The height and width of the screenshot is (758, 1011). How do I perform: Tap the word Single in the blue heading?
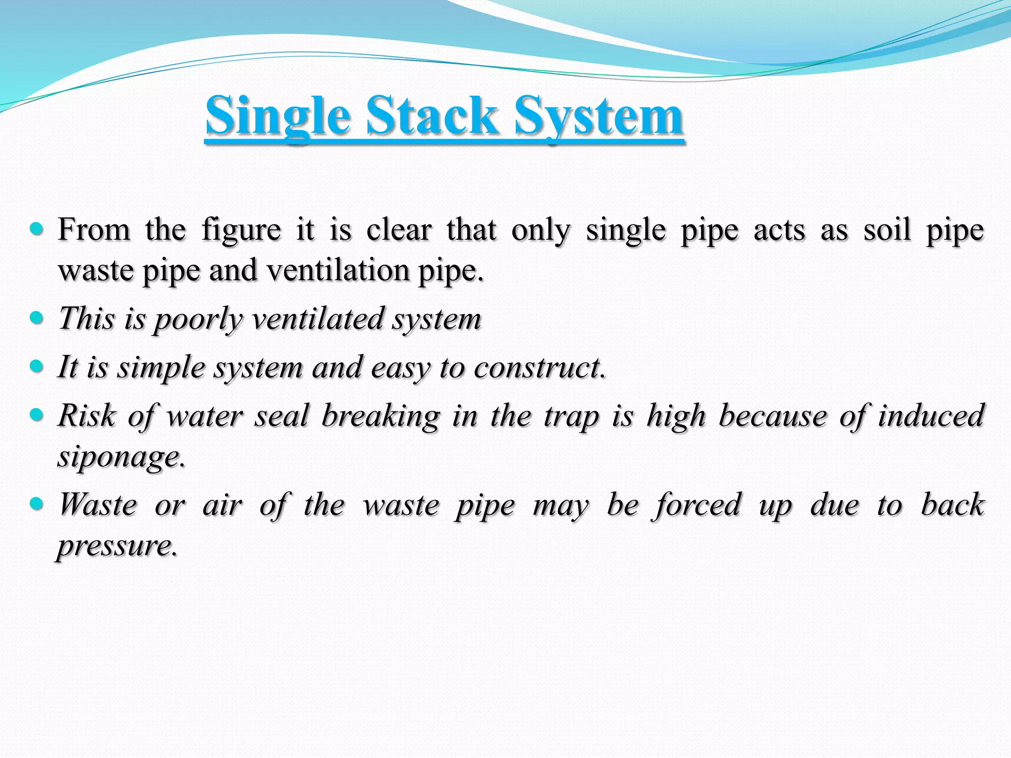[277, 116]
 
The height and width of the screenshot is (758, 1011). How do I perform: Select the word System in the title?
[598, 116]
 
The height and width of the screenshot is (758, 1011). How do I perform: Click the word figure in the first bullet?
[241, 230]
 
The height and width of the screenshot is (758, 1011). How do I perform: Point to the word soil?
[887, 230]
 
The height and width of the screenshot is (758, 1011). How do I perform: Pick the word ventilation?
[338, 270]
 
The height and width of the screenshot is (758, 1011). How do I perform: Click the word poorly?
[198, 319]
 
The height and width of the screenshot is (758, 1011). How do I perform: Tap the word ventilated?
[317, 318]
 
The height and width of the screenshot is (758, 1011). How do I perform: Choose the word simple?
[161, 368]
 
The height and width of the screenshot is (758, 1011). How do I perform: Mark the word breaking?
[380, 416]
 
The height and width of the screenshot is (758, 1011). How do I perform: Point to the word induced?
[931, 416]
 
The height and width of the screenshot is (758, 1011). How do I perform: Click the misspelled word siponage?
[121, 457]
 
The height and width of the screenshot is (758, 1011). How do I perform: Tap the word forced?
[699, 505]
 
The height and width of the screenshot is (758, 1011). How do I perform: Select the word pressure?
[117, 546]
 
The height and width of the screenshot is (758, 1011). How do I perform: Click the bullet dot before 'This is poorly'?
[37, 318]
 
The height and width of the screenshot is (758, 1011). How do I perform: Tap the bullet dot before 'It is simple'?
[37, 367]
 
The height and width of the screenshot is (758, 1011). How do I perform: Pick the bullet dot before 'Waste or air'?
[37, 504]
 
